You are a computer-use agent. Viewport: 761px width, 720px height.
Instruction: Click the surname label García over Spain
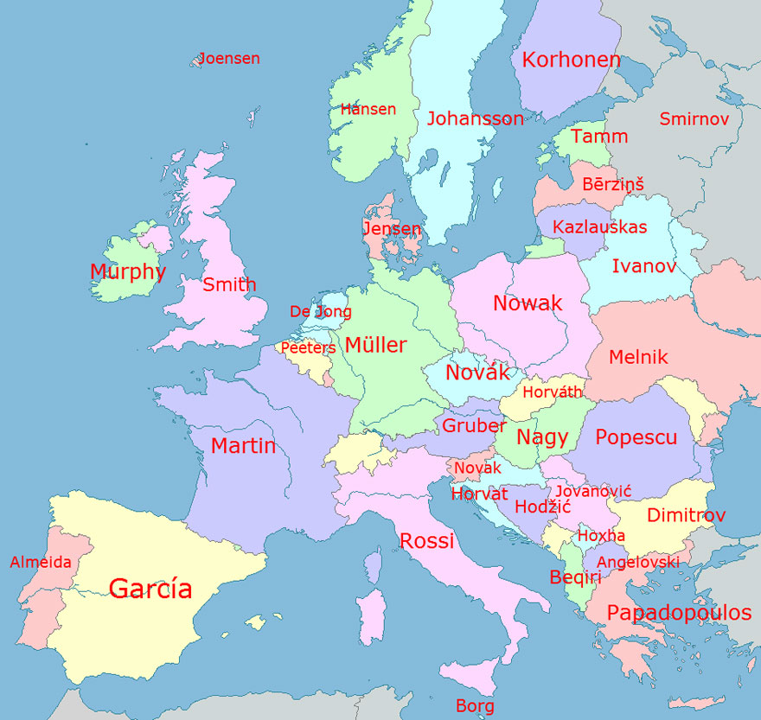pos(150,589)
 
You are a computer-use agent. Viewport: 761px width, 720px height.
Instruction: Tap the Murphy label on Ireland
pos(127,271)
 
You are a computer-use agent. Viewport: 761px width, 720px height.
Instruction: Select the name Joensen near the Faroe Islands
pos(229,59)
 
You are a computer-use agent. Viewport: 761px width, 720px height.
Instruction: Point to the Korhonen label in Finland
pos(571,60)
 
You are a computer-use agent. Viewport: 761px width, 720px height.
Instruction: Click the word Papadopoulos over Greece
pos(679,613)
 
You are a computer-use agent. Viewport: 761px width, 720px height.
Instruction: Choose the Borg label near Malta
pos(475,706)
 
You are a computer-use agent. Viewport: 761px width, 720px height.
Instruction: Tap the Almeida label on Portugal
pos(41,563)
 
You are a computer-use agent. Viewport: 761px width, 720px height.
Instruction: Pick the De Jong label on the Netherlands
pos(320,312)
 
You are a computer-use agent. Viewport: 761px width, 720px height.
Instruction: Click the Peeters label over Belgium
pos(308,347)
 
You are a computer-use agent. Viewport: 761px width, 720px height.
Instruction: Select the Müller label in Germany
pos(375,345)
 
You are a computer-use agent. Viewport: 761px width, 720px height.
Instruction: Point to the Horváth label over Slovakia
pos(553,392)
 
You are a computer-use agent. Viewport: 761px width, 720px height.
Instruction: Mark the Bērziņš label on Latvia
pos(612,184)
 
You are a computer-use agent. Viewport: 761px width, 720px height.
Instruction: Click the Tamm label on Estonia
pos(599,137)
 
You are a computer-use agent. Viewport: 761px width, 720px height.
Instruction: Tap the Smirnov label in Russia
pos(694,119)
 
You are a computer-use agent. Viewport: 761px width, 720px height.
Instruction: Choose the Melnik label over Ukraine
pos(638,357)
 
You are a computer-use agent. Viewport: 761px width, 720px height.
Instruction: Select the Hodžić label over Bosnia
pos(538,507)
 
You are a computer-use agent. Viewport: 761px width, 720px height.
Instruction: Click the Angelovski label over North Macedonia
pos(638,563)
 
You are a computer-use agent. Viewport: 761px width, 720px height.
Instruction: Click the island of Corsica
pos(373,566)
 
